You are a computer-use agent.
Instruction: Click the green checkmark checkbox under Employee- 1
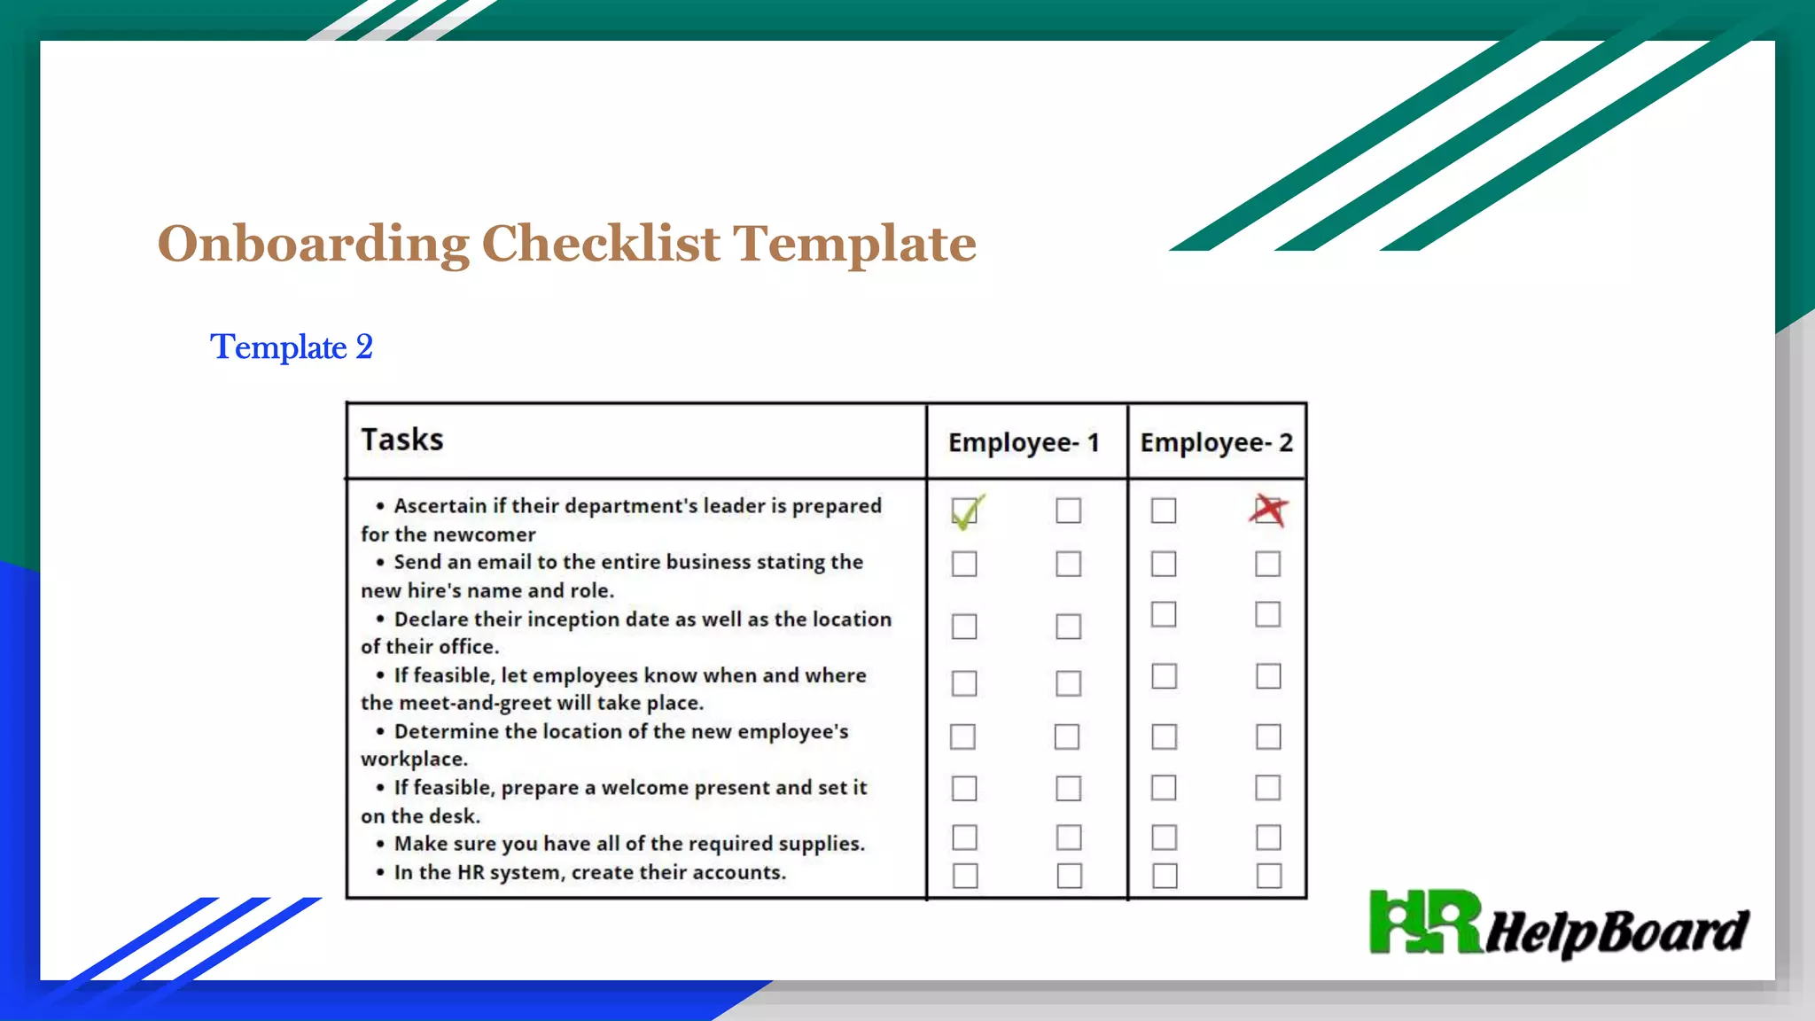click(x=965, y=511)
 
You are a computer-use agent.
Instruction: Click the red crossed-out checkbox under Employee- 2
click(x=1268, y=510)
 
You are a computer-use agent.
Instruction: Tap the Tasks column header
click(x=402, y=440)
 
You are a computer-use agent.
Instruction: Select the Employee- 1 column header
click(x=1024, y=442)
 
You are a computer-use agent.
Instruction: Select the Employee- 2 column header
click(x=1216, y=442)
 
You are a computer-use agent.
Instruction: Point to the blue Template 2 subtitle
click(x=292, y=347)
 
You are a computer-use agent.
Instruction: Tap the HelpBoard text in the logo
click(x=1616, y=932)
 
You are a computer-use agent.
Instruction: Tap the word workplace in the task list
click(x=413, y=760)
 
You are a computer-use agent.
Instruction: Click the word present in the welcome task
click(x=731, y=788)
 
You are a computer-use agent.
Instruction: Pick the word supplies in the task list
click(x=821, y=844)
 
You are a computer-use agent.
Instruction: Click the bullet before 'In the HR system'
click(x=380, y=873)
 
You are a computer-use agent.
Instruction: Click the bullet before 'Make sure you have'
click(x=380, y=845)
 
